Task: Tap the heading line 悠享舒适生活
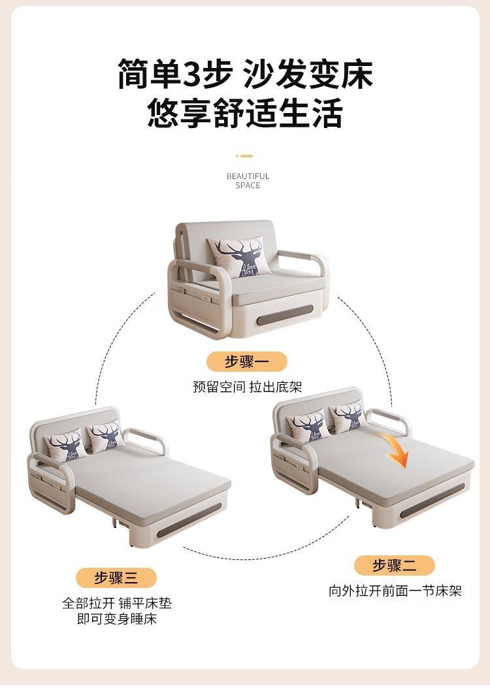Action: pyautogui.click(x=245, y=113)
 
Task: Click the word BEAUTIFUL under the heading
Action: pyautogui.click(x=248, y=176)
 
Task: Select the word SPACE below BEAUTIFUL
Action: pyautogui.click(x=248, y=186)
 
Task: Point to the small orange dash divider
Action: pyautogui.click(x=244, y=156)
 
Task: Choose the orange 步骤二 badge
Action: pyautogui.click(x=395, y=565)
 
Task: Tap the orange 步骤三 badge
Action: pyautogui.click(x=116, y=578)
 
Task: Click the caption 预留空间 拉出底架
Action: pyautogui.click(x=247, y=387)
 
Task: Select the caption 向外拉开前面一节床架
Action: pyautogui.click(x=395, y=591)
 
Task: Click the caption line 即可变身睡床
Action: pyautogui.click(x=116, y=618)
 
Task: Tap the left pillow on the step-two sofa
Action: pyautogui.click(x=308, y=427)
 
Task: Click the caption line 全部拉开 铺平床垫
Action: pyautogui.click(x=116, y=603)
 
